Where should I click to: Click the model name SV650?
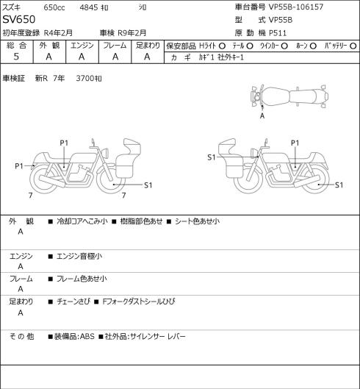19,19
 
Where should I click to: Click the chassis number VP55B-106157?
296,7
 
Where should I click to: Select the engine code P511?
278,33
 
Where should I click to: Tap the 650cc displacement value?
54,7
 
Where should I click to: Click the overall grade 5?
16,57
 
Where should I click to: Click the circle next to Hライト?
222,46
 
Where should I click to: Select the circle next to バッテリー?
353,46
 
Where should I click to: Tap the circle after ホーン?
313,46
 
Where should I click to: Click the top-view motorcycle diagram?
289,96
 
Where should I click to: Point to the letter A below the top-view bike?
262,116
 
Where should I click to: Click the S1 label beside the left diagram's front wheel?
148,185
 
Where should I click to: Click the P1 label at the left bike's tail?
19,166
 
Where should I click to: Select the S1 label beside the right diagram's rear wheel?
339,185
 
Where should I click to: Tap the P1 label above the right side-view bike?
295,143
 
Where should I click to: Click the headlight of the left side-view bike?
105,152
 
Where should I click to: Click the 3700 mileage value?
85,79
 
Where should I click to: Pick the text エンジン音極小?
79,257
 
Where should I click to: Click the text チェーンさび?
73,301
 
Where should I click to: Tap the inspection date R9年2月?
132,33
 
